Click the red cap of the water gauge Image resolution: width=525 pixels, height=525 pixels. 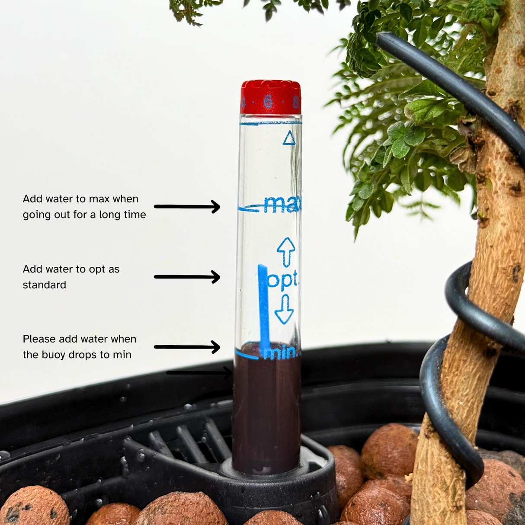pyautogui.click(x=270, y=97)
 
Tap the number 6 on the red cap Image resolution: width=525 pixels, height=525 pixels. pyautogui.click(x=268, y=101)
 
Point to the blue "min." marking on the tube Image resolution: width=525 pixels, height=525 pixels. pyautogui.click(x=281, y=352)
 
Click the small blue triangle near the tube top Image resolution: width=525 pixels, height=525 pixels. pyautogui.click(x=289, y=138)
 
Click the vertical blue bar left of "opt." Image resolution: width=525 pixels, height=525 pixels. pyautogui.click(x=263, y=303)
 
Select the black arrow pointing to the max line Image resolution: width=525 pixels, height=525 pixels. pyautogui.click(x=187, y=207)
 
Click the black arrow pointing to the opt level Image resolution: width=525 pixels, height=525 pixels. pyautogui.click(x=187, y=277)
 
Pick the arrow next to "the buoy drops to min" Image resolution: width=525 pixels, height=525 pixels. pyautogui.click(x=187, y=347)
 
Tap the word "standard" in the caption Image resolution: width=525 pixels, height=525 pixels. pyautogui.click(x=45, y=285)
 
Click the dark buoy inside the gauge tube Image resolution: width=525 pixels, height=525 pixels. pyautogui.click(x=266, y=411)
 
